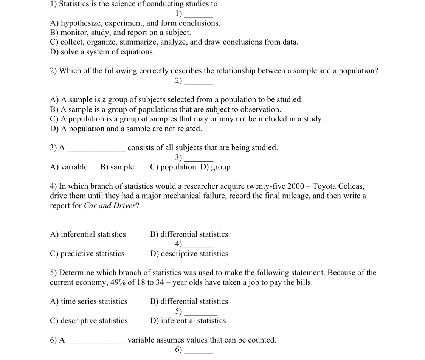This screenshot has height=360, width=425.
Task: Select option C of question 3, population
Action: click(x=173, y=167)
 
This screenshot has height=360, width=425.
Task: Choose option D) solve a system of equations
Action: click(x=102, y=52)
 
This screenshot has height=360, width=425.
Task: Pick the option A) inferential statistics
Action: click(x=88, y=234)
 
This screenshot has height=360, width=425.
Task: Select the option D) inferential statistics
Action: click(x=188, y=321)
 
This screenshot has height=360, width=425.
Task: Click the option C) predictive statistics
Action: click(x=87, y=254)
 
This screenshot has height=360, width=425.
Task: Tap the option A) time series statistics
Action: click(x=89, y=301)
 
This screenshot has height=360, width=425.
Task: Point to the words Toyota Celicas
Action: click(x=339, y=186)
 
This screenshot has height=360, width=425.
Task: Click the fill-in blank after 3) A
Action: click(x=96, y=150)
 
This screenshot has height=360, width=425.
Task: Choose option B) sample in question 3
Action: click(x=117, y=167)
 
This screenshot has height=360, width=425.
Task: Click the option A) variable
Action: click(x=69, y=167)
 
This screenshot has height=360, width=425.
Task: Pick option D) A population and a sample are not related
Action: click(x=126, y=129)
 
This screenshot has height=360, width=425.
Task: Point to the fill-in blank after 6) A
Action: click(x=96, y=342)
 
